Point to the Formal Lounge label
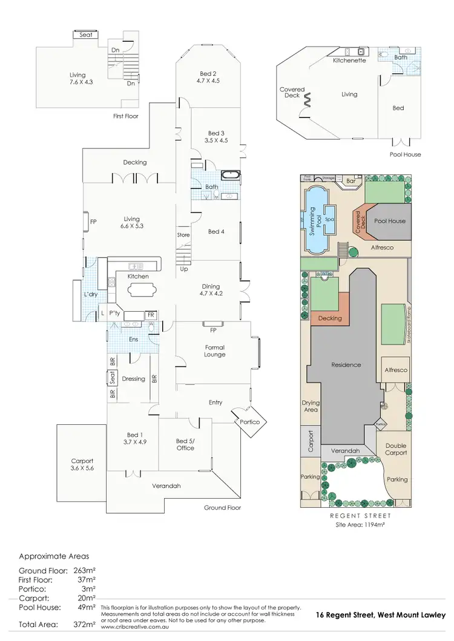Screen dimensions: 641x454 click(215, 351)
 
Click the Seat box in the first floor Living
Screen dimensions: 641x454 click(87, 35)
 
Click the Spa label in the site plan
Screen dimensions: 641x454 click(330, 219)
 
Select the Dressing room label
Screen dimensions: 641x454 click(133, 379)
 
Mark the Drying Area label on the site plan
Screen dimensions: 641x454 click(311, 406)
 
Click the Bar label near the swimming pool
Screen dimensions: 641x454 click(350, 180)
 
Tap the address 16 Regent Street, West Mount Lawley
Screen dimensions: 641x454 click(380, 615)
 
